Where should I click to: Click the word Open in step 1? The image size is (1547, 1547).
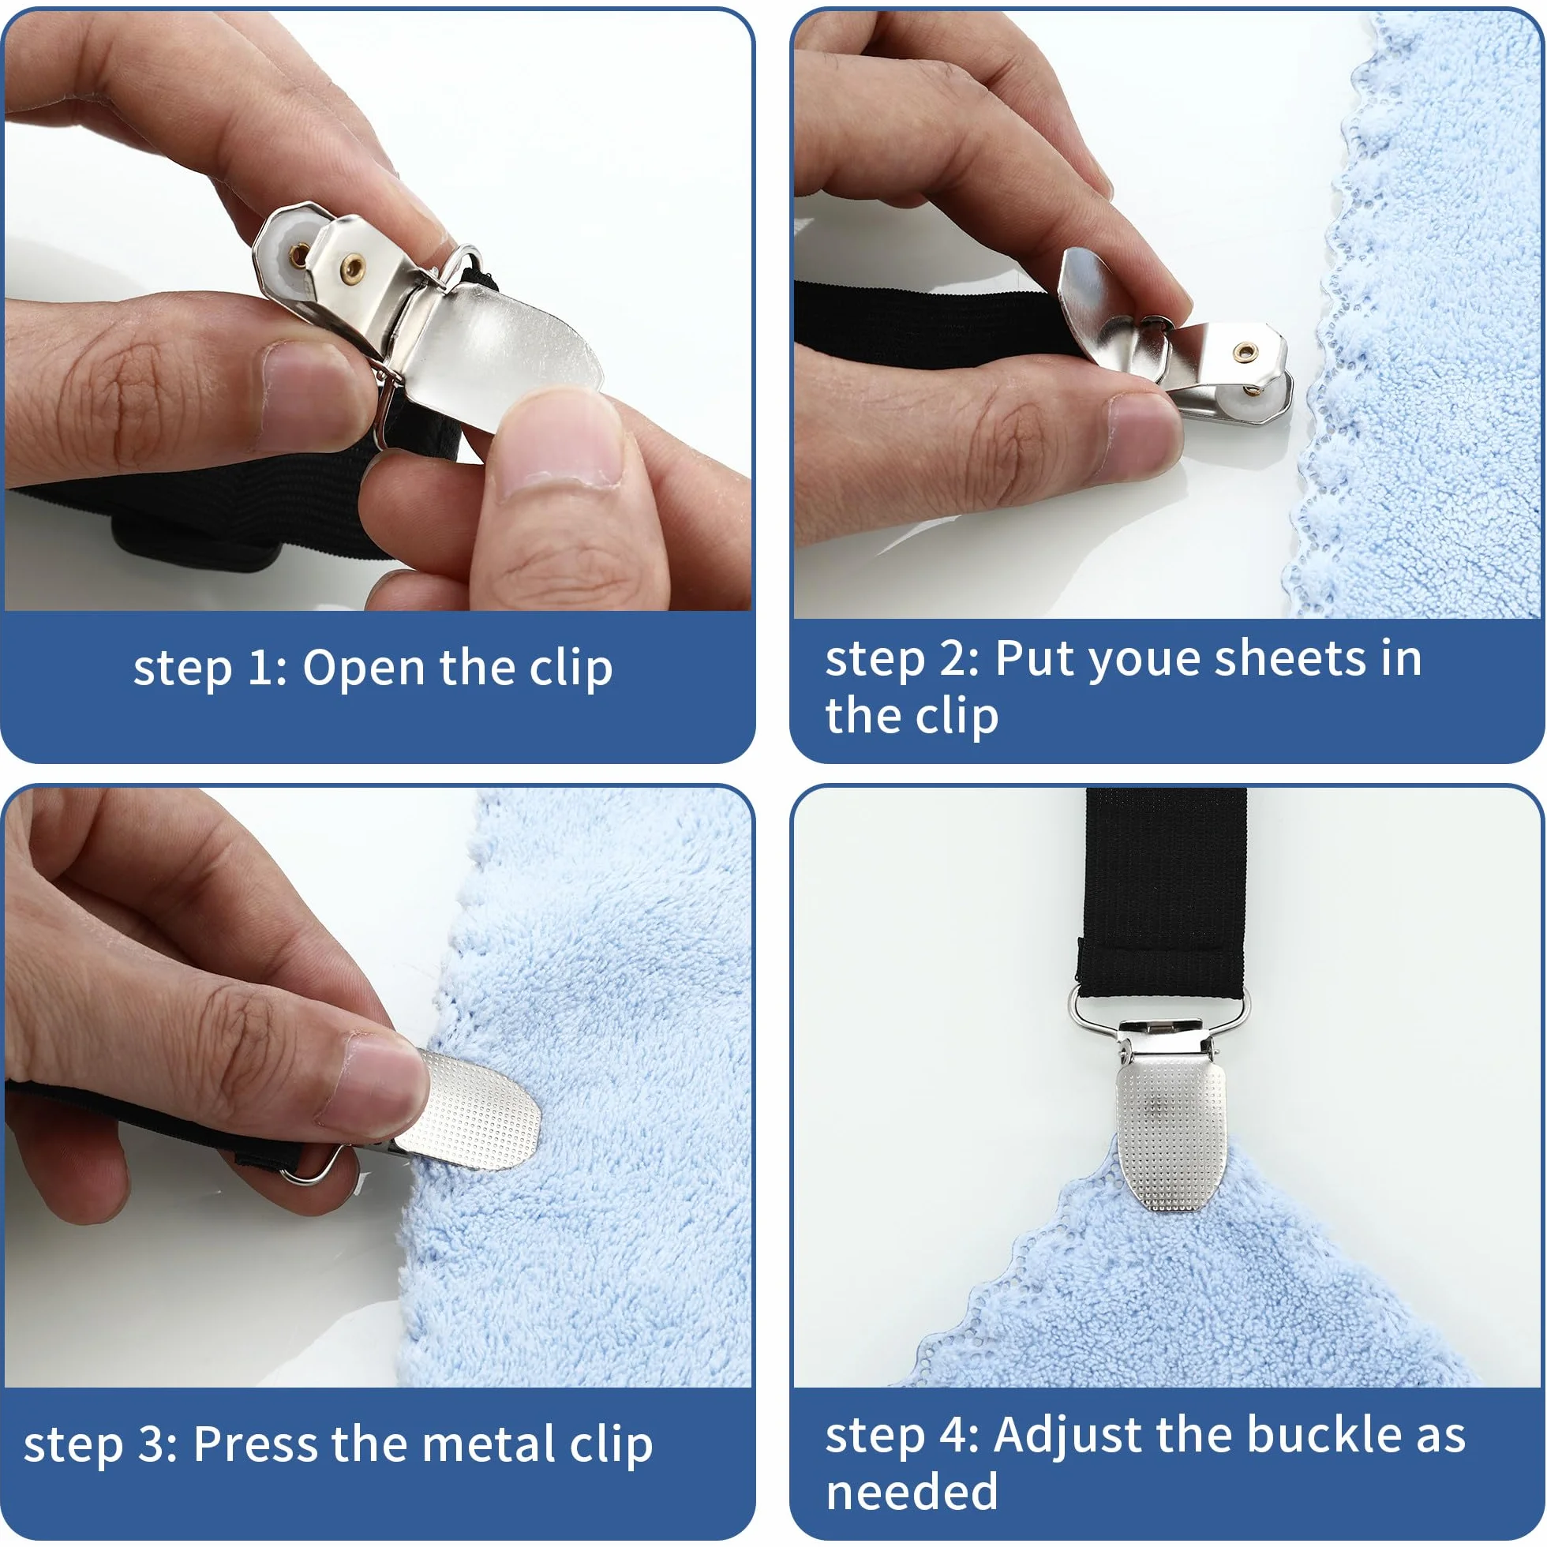point(364,669)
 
